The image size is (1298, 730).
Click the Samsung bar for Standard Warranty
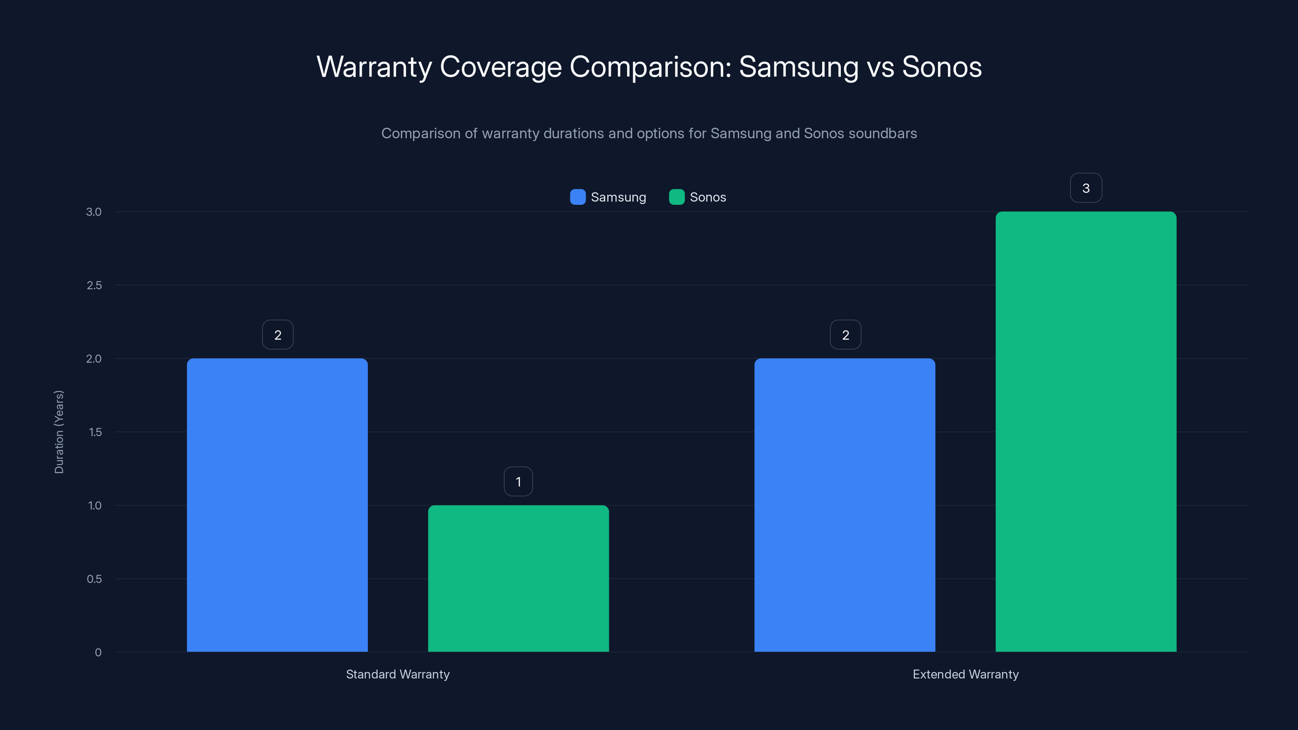(277, 505)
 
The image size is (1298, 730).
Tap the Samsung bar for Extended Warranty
(845, 505)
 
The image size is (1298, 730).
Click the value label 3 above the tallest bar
(1086, 188)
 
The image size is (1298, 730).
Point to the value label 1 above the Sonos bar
(518, 482)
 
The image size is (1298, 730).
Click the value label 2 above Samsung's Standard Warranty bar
(277, 335)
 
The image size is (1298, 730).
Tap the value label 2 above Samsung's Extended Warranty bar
(845, 335)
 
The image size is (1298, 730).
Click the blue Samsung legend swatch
(578, 197)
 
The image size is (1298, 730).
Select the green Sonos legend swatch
(676, 197)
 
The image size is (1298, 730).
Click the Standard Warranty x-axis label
(398, 674)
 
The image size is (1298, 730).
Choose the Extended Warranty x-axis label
(965, 674)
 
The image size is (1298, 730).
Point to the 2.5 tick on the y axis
(94, 285)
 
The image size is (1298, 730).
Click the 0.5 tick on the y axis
(94, 579)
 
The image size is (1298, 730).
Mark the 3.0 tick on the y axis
(94, 212)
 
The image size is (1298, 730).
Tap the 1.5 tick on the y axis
(95, 432)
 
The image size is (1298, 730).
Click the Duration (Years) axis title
(59, 432)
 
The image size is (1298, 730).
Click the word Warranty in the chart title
(374, 67)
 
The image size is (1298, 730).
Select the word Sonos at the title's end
(941, 67)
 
